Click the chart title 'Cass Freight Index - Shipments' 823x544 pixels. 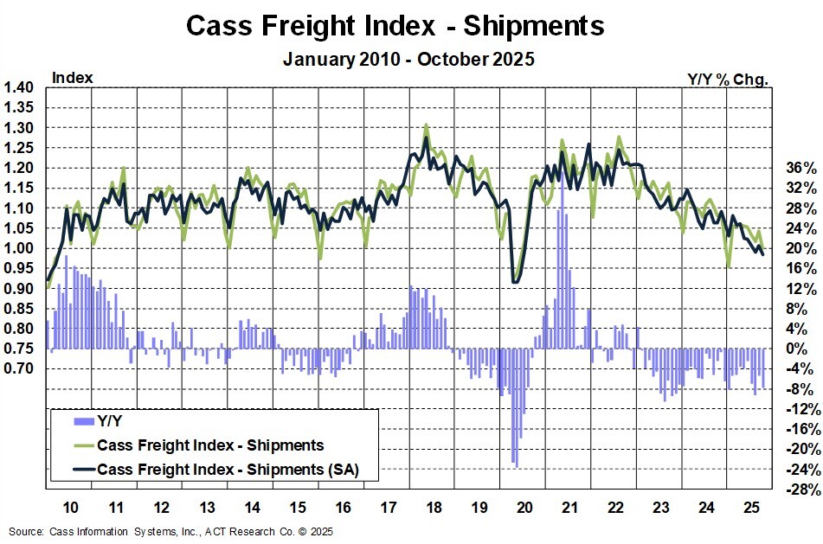395,26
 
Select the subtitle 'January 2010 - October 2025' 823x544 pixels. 408,60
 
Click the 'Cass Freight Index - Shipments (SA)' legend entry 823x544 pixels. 227,470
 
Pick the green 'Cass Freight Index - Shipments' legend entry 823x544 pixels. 210,446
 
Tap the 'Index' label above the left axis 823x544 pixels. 73,78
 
